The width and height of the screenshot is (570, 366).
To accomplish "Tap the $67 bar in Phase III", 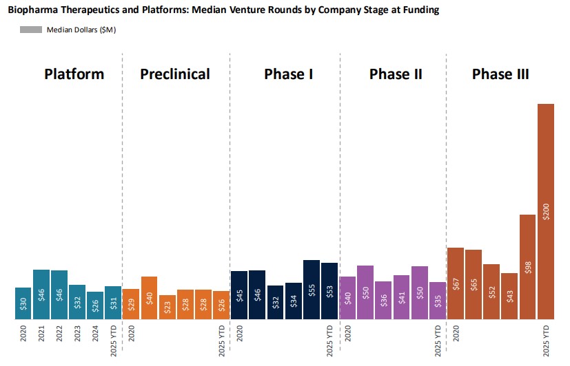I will click(x=456, y=283).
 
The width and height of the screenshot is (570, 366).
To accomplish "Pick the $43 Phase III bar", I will click(x=509, y=297).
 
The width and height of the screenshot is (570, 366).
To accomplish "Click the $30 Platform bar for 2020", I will click(x=23, y=303).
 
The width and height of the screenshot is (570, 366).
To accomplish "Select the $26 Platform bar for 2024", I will click(x=95, y=305).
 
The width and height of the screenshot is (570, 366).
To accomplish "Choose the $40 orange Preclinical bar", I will click(x=149, y=298).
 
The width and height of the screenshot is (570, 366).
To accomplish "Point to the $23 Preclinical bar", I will click(x=167, y=308).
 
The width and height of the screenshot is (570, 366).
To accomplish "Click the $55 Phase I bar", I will click(x=311, y=290).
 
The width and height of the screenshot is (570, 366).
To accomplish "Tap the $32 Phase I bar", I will click(x=275, y=302).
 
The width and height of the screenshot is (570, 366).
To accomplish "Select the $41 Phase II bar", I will click(x=402, y=297).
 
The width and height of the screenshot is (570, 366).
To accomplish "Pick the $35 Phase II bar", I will click(x=438, y=301).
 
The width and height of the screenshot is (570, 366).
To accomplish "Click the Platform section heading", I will click(x=74, y=74).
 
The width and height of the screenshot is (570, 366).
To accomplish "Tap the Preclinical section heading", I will click(x=175, y=74).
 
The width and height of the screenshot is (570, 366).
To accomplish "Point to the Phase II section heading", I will click(x=396, y=74).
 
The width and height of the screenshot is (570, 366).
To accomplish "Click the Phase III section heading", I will click(x=500, y=74).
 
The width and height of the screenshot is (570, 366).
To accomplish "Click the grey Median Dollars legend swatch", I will click(x=30, y=30).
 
